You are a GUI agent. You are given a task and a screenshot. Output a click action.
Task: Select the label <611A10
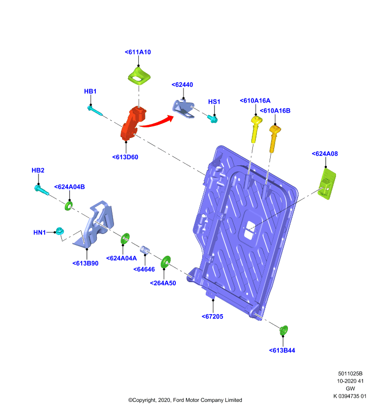click(138, 52)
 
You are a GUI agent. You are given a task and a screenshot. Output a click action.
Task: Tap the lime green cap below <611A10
click(139, 76)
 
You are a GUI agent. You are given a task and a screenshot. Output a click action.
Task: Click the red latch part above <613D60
click(133, 123)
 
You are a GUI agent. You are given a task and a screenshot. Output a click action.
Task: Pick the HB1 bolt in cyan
click(95, 111)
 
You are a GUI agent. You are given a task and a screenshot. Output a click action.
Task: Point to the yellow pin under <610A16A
click(256, 129)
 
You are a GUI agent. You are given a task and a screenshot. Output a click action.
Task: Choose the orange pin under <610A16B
click(274, 139)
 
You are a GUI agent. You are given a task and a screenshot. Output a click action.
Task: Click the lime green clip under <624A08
click(327, 184)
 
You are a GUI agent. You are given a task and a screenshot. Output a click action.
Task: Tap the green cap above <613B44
click(284, 330)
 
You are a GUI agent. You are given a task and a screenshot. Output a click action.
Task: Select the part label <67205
click(212, 316)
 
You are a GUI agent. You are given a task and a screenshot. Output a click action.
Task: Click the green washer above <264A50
click(165, 262)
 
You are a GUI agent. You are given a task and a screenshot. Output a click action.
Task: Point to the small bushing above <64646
click(145, 250)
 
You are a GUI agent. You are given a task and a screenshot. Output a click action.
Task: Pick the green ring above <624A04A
click(125, 239)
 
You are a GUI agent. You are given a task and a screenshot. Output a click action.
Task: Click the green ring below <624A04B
click(68, 206)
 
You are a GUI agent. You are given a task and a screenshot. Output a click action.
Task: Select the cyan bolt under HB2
click(42, 190)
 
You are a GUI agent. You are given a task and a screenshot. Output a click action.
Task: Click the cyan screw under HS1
click(212, 119)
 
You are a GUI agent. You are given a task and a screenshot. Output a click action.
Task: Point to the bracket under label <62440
click(183, 109)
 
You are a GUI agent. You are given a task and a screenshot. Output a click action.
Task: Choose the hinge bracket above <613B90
click(95, 224)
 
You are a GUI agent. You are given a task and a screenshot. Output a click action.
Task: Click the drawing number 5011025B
click(350, 374)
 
